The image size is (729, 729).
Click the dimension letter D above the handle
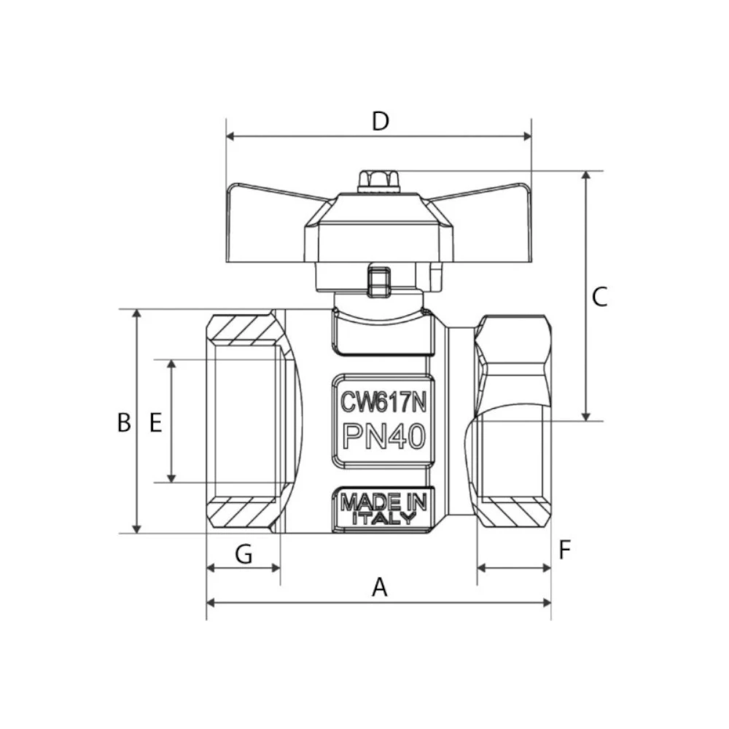point(380,120)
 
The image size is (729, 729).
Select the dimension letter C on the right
point(599,297)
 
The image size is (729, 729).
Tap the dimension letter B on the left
point(124,422)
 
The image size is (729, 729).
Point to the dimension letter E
point(155,422)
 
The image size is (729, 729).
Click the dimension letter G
point(243,555)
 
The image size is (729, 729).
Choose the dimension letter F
point(565,550)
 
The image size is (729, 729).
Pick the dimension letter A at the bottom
point(379,587)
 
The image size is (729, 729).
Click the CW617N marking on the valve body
point(383,401)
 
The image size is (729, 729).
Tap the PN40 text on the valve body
point(383,437)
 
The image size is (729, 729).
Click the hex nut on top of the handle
point(379,179)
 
